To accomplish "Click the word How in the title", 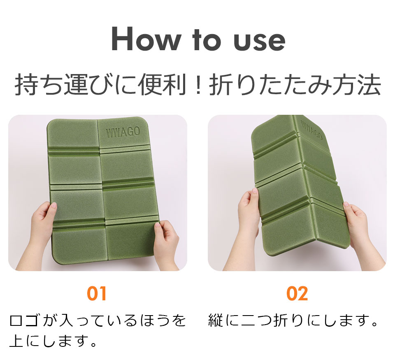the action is click(146, 39).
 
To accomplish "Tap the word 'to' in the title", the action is click(207, 40).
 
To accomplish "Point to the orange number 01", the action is click(96, 293).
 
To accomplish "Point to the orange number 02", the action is click(297, 293).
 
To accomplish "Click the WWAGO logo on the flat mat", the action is click(123, 132).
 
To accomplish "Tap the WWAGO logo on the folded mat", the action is click(311, 130).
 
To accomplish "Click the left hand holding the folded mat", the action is click(248, 227).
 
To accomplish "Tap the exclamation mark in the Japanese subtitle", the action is click(198, 85).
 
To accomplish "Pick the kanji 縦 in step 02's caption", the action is click(216, 321).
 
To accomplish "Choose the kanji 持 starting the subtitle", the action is click(26, 85).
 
